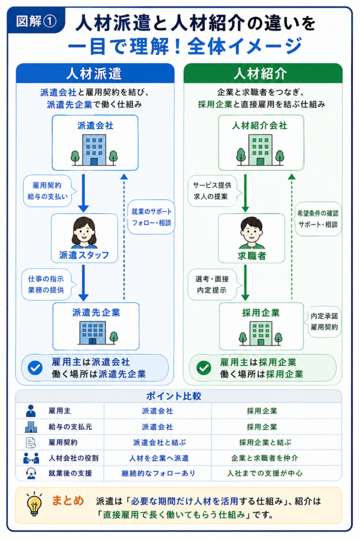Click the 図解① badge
coord(36,21)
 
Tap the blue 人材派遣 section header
coord(95,73)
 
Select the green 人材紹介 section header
coord(263,73)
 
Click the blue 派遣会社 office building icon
coord(94,150)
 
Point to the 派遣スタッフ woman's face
coord(84,233)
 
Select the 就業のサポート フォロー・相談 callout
coord(150,217)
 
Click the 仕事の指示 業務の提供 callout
coord(47,284)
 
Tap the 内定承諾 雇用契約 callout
coord(323,322)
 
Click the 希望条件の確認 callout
coord(317,219)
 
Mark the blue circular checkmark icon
coord(35,368)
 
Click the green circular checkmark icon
coord(204,368)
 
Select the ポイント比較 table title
coord(174,396)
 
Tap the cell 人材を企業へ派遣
coord(159,458)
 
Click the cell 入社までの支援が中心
coord(265,474)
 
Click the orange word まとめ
coord(68,500)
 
